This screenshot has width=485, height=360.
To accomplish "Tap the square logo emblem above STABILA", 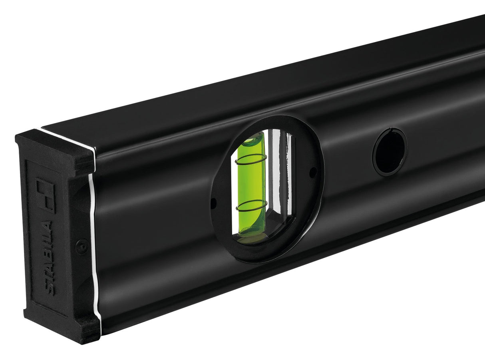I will (45, 195).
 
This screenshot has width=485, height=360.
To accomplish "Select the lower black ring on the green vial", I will (251, 206).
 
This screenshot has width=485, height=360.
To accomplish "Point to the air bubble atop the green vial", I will (254, 139).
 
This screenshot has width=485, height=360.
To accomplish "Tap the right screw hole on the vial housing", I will (313, 172).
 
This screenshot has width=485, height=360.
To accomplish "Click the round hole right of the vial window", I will (390, 152).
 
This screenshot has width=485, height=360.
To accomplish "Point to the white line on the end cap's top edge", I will (68, 138).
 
